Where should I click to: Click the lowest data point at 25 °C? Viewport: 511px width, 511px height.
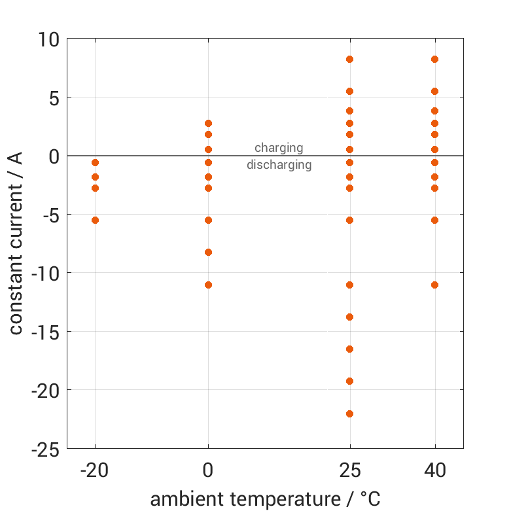(x=349, y=414)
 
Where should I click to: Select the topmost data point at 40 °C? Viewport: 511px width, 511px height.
(x=434, y=60)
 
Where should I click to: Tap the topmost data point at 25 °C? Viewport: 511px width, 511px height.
(x=349, y=60)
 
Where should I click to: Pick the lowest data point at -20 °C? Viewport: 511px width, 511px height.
(x=95, y=220)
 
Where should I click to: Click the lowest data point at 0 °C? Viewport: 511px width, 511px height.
(x=208, y=285)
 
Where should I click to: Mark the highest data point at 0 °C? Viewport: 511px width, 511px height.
(x=208, y=123)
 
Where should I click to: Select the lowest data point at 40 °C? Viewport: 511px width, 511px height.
(x=434, y=285)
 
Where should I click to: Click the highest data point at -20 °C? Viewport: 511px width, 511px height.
(x=95, y=162)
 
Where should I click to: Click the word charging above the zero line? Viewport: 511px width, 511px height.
(x=279, y=148)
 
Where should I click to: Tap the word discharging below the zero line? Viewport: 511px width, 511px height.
(x=279, y=165)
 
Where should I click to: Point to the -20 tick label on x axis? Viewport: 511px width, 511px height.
(x=95, y=470)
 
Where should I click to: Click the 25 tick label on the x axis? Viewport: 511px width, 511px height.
(x=349, y=470)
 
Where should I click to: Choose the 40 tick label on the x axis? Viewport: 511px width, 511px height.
(x=434, y=470)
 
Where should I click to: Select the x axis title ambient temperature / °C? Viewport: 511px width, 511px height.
(x=265, y=499)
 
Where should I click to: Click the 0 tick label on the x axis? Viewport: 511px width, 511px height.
(x=208, y=470)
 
